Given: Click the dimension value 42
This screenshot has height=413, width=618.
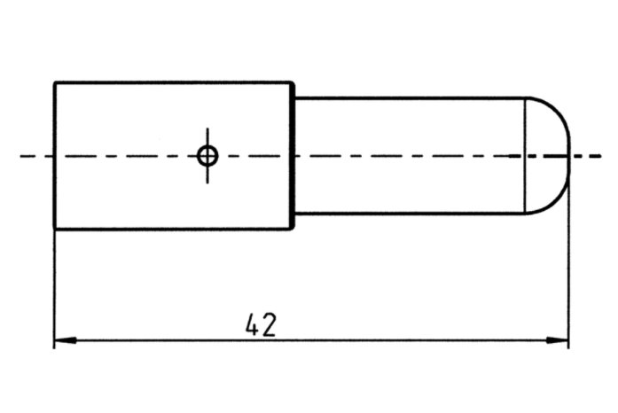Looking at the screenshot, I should pyautogui.click(x=260, y=324).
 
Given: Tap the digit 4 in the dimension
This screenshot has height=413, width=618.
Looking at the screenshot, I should pyautogui.click(x=252, y=324).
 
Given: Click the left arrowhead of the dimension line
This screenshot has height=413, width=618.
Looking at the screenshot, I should pyautogui.click(x=62, y=340).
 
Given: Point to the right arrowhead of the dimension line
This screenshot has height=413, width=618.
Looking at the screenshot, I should pyautogui.click(x=559, y=340).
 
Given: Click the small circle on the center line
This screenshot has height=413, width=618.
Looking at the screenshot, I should pyautogui.click(x=207, y=156).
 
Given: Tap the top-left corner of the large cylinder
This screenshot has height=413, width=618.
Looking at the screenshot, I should pyautogui.click(x=55, y=83).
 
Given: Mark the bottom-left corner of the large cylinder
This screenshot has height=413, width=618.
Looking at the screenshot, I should pyautogui.click(x=55, y=229).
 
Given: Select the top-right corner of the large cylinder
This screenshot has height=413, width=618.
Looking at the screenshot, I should pyautogui.click(x=293, y=83).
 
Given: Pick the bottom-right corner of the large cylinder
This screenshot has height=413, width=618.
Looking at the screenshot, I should pyautogui.click(x=293, y=229).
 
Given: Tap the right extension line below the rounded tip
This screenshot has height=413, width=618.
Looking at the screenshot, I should pyautogui.click(x=567, y=266).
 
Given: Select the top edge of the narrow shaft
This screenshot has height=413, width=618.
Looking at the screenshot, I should pyautogui.click(x=408, y=97).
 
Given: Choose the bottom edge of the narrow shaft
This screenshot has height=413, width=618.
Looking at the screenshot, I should pyautogui.click(x=408, y=214).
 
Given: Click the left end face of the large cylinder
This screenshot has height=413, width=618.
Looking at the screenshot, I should pyautogui.click(x=55, y=186).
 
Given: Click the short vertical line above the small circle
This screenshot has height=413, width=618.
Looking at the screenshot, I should pyautogui.click(x=207, y=135).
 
